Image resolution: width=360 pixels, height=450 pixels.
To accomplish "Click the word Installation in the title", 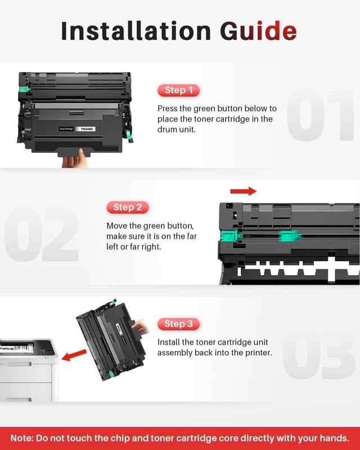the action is click(136, 30).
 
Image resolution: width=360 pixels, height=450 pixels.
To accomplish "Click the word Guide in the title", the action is click(258, 30).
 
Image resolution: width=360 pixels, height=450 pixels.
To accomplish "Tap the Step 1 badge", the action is click(178, 90).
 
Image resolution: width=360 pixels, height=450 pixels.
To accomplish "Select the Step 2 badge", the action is click(128, 207).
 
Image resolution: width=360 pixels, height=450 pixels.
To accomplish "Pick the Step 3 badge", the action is click(178, 324).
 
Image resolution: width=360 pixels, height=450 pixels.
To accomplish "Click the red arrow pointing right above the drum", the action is click(243, 191).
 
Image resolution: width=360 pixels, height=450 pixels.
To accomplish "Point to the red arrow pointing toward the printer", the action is click(74, 355).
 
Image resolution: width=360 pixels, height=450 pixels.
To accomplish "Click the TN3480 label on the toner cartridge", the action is click(87, 129).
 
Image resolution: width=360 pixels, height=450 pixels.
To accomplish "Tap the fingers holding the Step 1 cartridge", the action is click(75, 159).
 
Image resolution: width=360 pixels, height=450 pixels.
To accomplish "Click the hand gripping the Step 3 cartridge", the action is click(140, 327).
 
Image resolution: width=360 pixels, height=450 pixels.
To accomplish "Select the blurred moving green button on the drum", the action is click(290, 236).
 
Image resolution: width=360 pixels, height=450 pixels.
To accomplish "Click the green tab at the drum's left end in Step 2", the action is click(229, 236).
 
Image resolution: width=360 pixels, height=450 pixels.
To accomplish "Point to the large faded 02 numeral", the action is click(41, 236).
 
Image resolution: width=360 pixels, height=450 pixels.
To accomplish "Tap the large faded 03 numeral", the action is click(318, 355).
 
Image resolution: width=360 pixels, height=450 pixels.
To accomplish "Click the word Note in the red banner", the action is click(21, 438).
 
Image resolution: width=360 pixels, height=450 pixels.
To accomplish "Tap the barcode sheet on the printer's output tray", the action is click(17, 347).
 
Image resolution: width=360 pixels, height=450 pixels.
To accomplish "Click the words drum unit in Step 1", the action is click(177, 129).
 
